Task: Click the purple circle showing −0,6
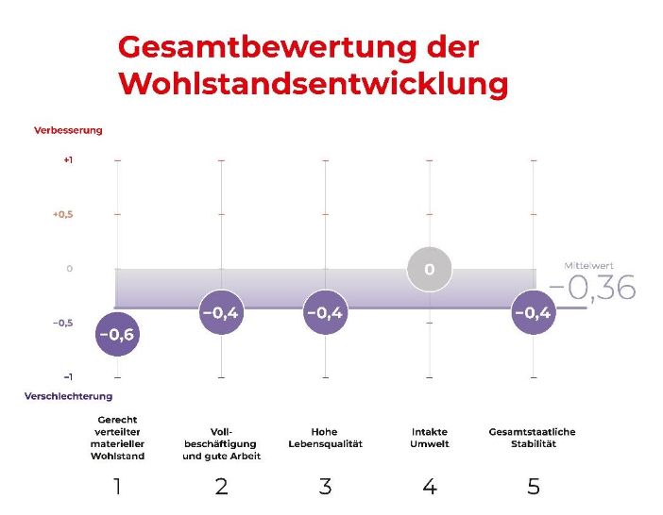point(117,334)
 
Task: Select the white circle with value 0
point(429,270)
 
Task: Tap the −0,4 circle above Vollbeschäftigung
point(221,313)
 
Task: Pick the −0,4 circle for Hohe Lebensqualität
point(325,313)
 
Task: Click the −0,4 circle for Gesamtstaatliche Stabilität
point(533,313)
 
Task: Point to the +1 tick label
point(68,160)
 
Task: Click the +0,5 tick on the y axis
point(62,214)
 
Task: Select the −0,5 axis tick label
point(62,323)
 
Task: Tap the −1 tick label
point(68,376)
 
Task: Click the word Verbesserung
point(68,130)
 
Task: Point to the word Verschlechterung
point(68,396)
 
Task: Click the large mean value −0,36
point(592,289)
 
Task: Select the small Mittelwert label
point(588,266)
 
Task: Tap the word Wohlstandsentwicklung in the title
point(314,83)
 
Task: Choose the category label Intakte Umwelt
point(430,438)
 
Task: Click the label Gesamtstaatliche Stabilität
point(532,438)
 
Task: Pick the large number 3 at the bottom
point(325,487)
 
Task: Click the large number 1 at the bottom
point(117,487)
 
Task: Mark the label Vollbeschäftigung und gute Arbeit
point(221,443)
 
